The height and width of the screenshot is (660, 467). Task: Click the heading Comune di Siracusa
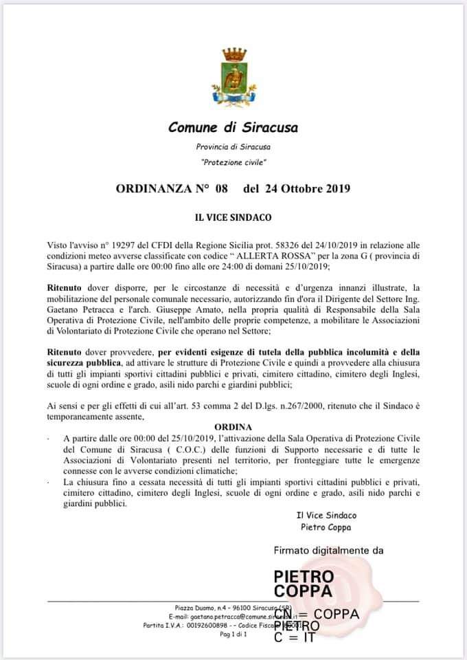[233, 127]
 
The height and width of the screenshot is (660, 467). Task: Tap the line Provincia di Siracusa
[233, 147]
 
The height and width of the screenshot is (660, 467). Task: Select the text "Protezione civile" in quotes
[233, 162]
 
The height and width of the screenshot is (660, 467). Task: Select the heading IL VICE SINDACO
[233, 217]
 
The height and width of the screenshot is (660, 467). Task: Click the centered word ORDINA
[233, 426]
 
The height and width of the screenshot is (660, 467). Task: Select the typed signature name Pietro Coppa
[326, 527]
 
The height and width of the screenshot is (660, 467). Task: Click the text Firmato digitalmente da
[328, 550]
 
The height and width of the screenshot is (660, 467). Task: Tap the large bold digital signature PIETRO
[304, 576]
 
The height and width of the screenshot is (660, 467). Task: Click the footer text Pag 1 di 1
[233, 635]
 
